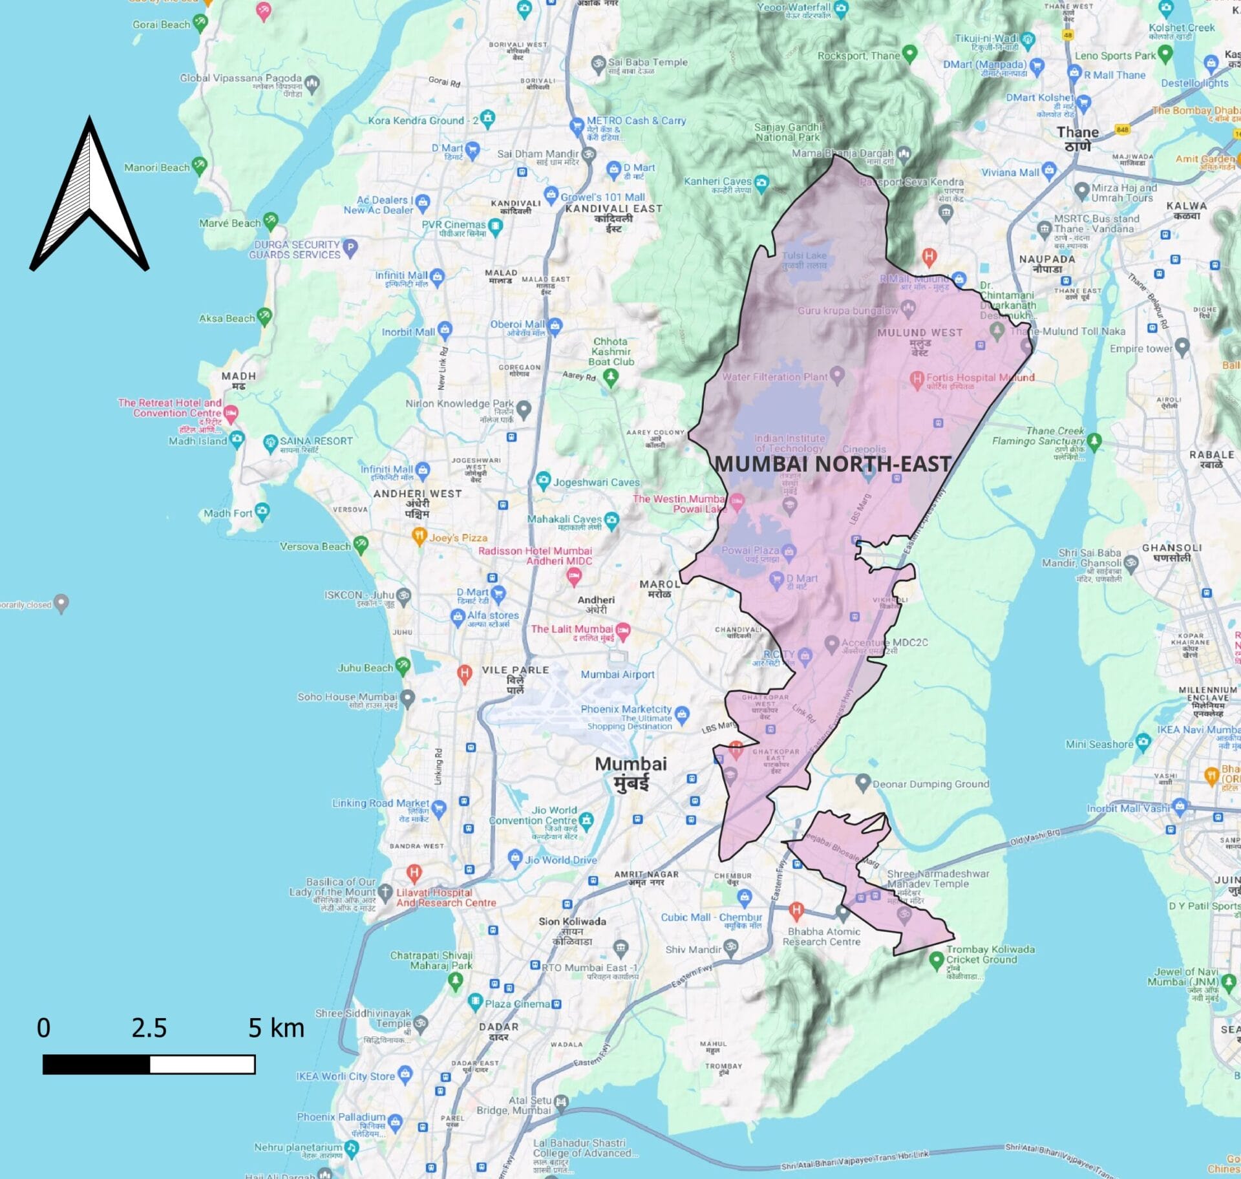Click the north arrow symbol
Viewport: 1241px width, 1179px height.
89,194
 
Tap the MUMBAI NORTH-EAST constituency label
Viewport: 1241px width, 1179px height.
833,463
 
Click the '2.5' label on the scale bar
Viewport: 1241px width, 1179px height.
149,1028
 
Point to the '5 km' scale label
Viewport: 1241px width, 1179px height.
276,1028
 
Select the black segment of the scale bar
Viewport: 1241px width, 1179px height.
96,1065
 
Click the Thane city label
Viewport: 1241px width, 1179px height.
1077,138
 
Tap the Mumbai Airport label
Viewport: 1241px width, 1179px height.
617,674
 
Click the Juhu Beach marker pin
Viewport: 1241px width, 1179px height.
403,665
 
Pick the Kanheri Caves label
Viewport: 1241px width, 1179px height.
717,182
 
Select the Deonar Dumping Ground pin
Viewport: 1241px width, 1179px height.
862,783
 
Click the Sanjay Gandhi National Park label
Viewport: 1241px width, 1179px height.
788,132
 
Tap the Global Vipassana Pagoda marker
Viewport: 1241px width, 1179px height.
312,83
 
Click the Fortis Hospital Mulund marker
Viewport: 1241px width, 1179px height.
917,379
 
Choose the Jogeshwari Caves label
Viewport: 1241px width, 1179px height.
596,482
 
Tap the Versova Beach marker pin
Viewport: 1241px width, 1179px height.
361,544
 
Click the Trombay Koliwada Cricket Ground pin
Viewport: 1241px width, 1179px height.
936,960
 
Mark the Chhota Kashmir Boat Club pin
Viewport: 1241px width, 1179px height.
611,377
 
